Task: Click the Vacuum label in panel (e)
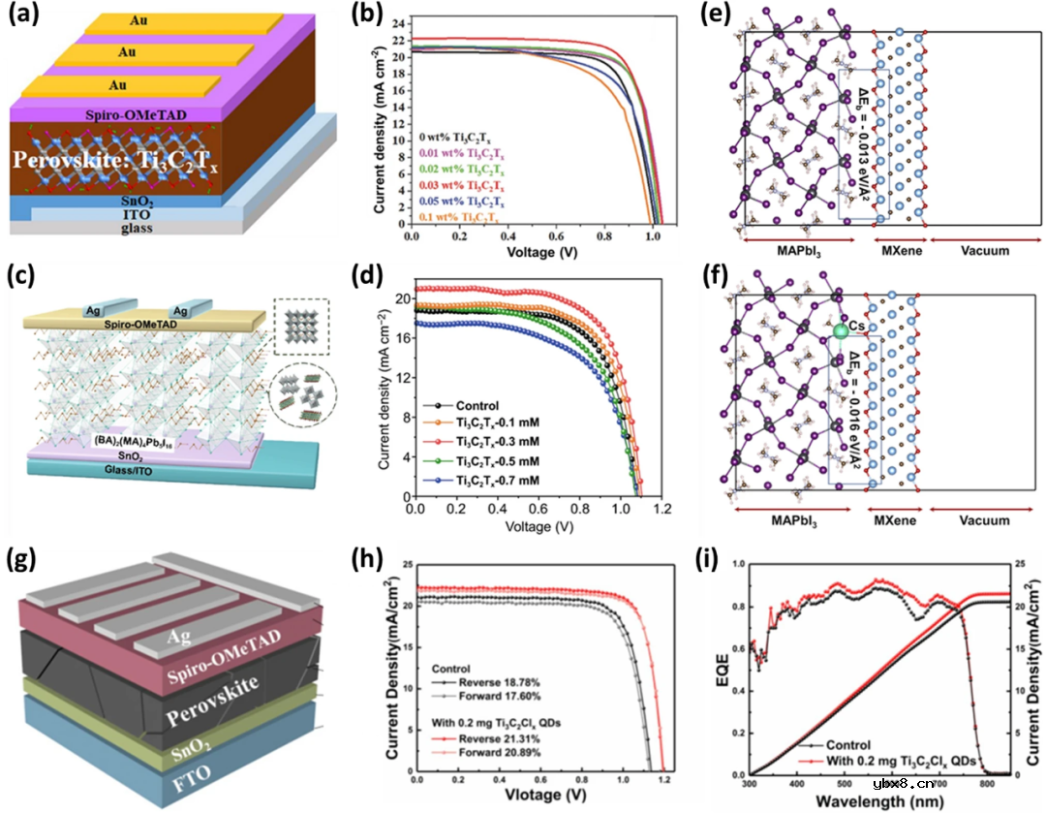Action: click(x=976, y=250)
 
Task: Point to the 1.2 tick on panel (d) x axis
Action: click(x=661, y=508)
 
